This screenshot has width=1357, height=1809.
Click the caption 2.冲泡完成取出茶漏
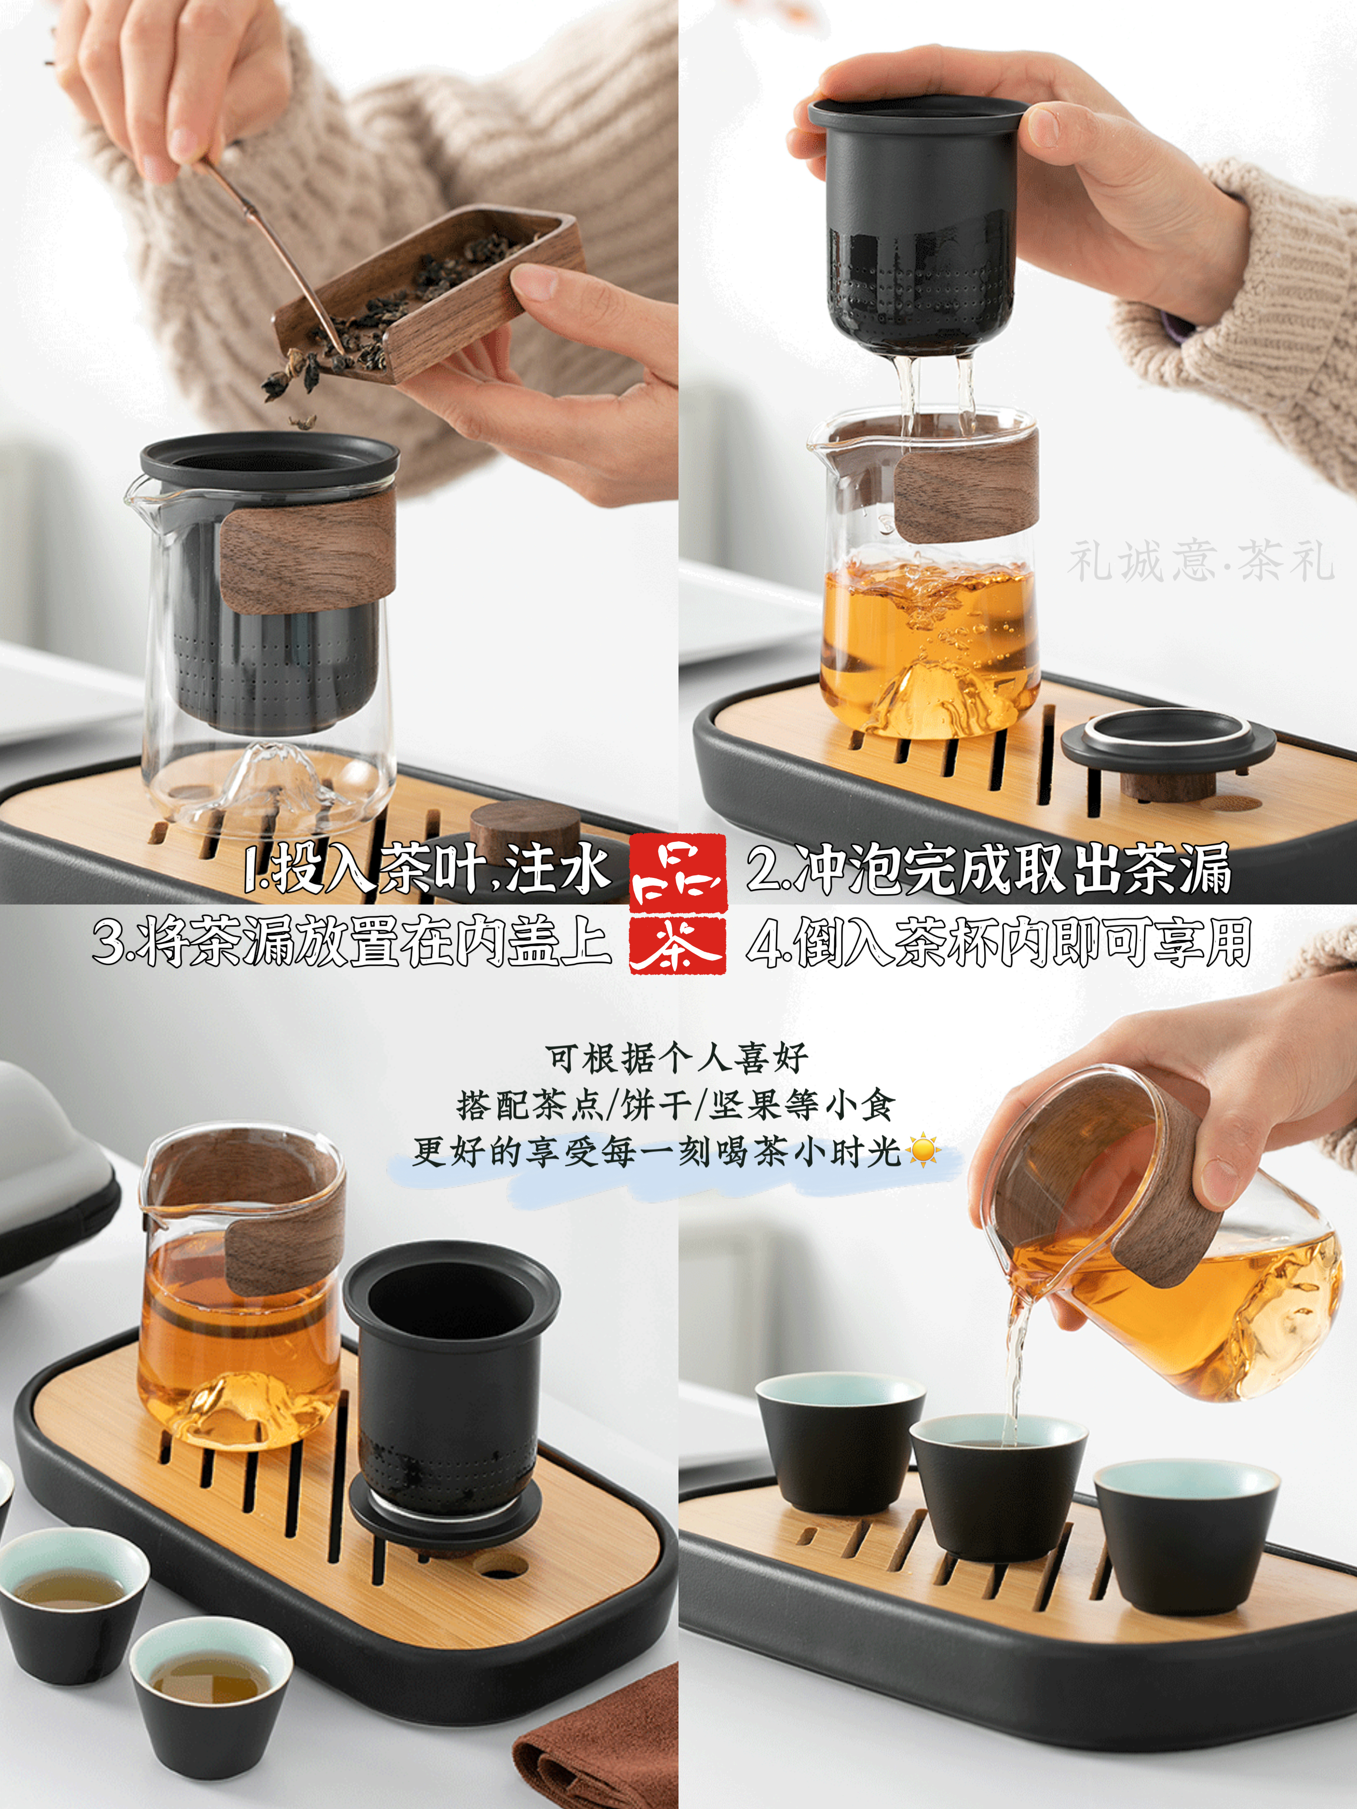coord(990,868)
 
